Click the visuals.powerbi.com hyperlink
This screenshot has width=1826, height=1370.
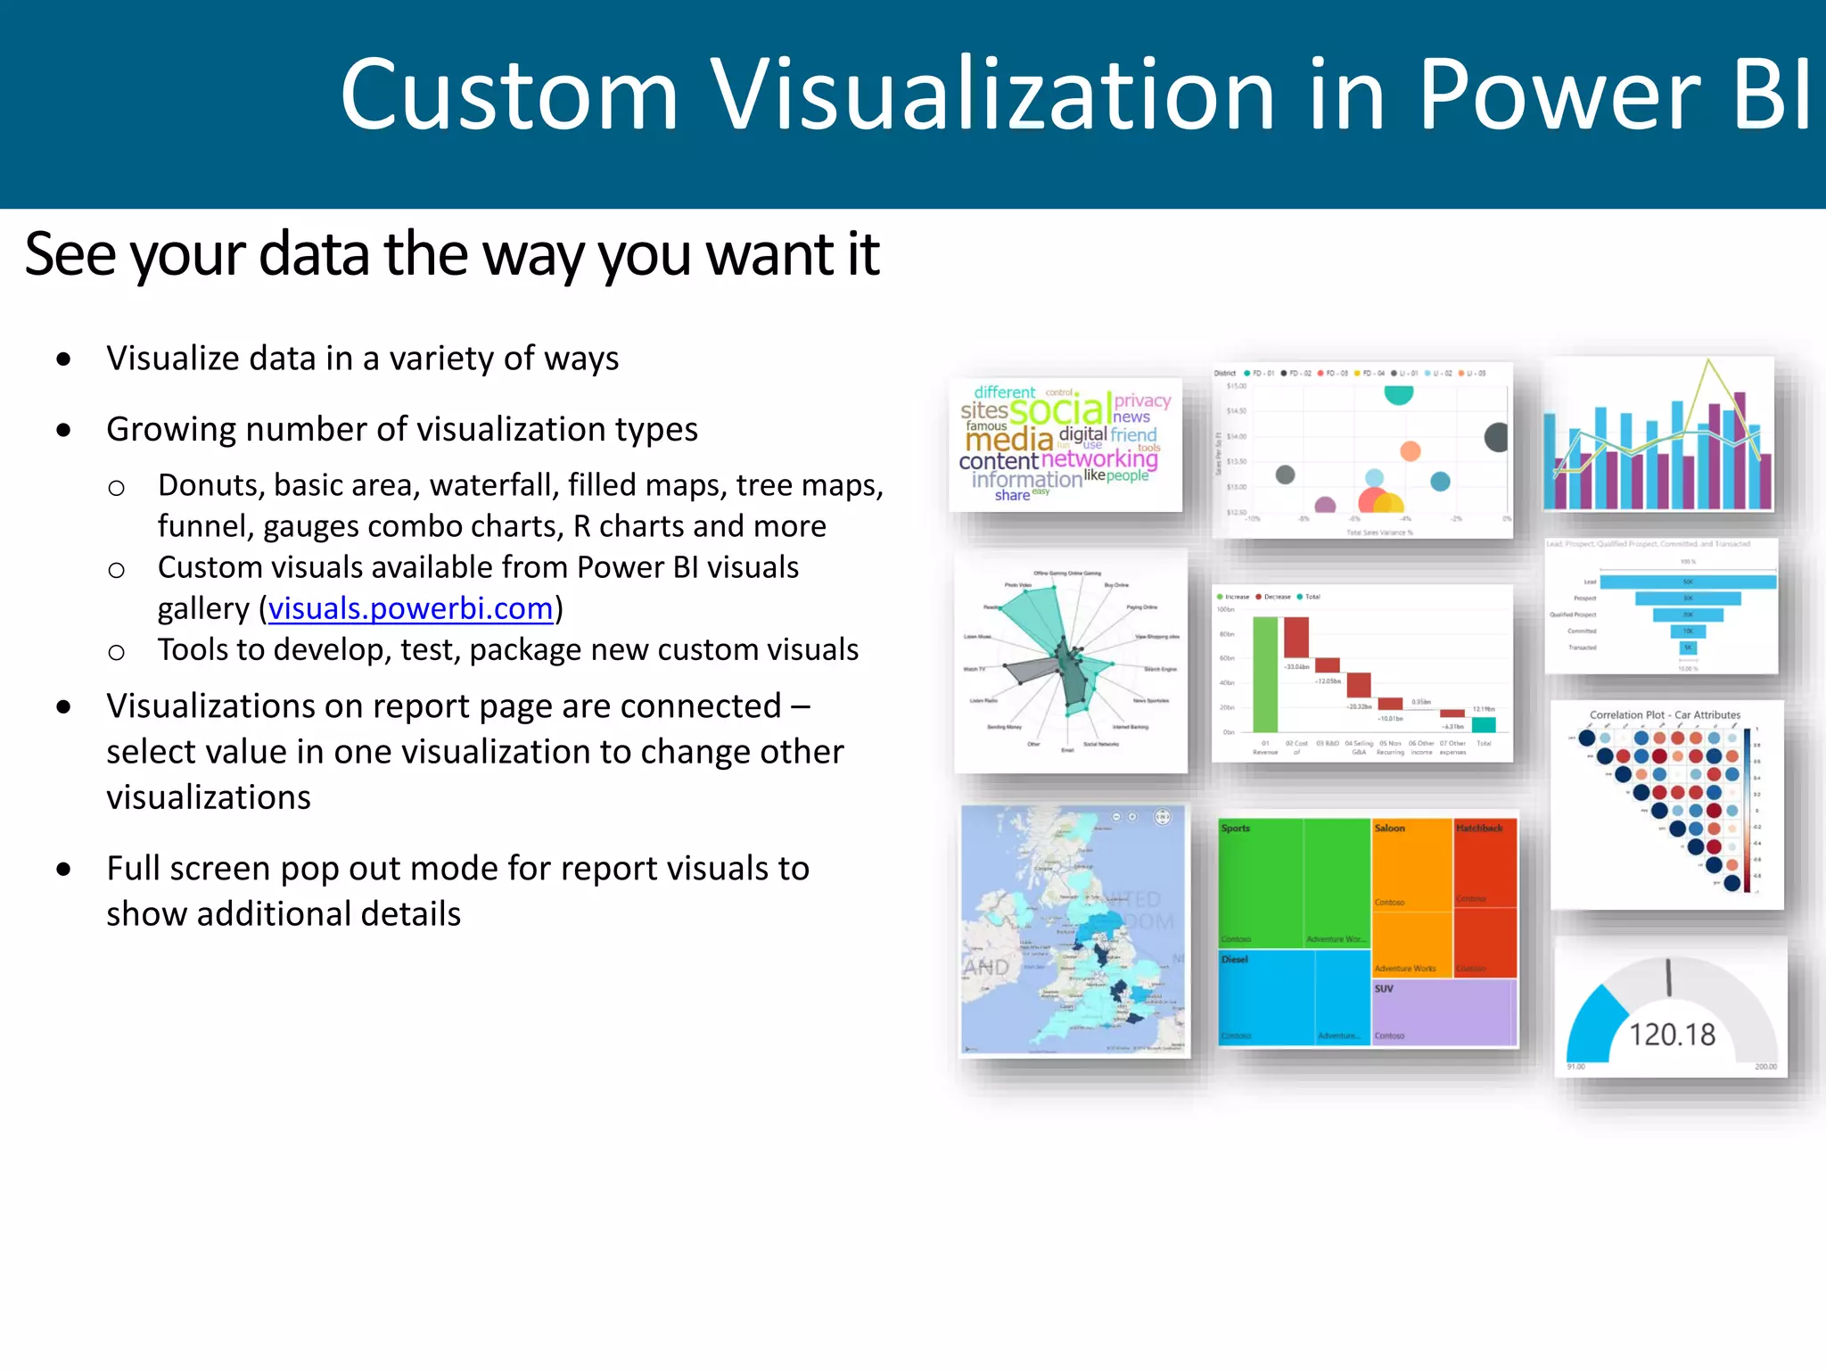(410, 608)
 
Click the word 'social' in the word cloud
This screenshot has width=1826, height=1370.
(1059, 409)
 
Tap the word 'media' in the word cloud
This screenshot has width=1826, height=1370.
(1008, 440)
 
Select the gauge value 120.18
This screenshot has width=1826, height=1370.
(1672, 1035)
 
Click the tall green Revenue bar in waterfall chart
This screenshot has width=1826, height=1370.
(1264, 674)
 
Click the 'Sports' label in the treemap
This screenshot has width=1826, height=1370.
(1235, 829)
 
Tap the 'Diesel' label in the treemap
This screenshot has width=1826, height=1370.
(1235, 960)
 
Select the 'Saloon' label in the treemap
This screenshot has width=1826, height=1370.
(1389, 829)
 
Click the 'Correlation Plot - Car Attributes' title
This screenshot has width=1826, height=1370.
(1665, 714)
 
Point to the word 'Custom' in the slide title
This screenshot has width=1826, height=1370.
(509, 95)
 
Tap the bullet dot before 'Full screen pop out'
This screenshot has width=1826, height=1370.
(63, 869)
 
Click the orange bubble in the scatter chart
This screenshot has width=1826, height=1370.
(1410, 450)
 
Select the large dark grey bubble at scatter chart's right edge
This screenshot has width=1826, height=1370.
(1496, 437)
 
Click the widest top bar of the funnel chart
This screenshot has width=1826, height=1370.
(1687, 582)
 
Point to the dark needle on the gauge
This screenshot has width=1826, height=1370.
(1668, 978)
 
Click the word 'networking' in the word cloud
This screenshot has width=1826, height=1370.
(1099, 458)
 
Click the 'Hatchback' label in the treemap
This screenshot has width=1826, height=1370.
(1479, 829)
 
